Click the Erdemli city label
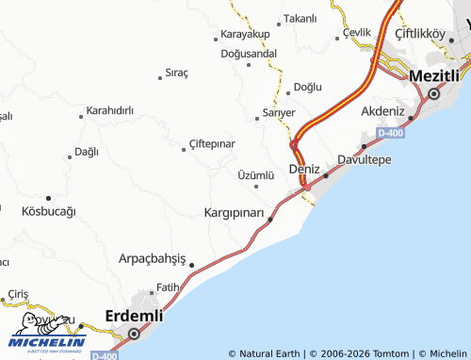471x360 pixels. [134, 315]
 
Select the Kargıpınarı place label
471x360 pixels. [235, 212]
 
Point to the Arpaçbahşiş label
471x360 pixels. [153, 258]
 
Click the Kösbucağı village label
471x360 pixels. [48, 211]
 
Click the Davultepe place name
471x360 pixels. [365, 158]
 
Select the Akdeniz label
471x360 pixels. [382, 111]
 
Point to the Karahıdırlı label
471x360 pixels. [110, 110]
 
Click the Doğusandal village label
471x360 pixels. [249, 53]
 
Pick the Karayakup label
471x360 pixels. [245, 34]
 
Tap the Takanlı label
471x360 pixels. [300, 18]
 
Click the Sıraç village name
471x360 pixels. [177, 72]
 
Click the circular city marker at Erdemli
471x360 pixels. [134, 333]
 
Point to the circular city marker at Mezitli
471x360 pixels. [433, 93]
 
